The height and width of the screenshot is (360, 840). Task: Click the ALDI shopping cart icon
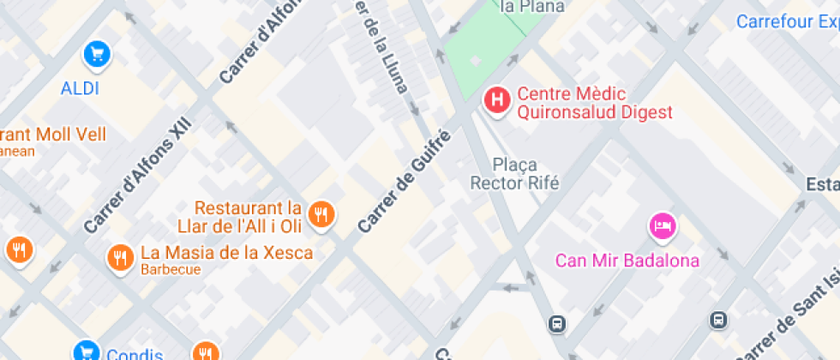coord(96,56)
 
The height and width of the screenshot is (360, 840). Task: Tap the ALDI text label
coord(80,88)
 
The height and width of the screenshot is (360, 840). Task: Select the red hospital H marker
coord(495,101)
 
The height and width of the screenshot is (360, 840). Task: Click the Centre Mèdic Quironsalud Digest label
coord(595,103)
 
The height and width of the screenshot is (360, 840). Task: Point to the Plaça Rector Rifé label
coord(514,173)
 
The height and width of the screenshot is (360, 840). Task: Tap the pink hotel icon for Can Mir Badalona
coord(663,226)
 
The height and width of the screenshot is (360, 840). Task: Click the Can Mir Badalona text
coord(627,261)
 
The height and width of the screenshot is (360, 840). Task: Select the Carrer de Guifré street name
coord(404,182)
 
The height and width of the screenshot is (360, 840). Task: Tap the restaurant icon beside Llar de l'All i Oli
coord(321,214)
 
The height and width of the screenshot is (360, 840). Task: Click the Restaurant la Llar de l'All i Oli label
coord(249,217)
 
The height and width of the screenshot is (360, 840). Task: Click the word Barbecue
coord(171,269)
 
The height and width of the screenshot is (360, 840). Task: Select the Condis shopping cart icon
coord(85,351)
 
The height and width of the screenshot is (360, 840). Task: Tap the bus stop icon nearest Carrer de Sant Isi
coord(718,321)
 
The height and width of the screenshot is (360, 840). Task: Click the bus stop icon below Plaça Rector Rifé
coord(557,324)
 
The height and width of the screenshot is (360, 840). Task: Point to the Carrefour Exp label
coord(788,21)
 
